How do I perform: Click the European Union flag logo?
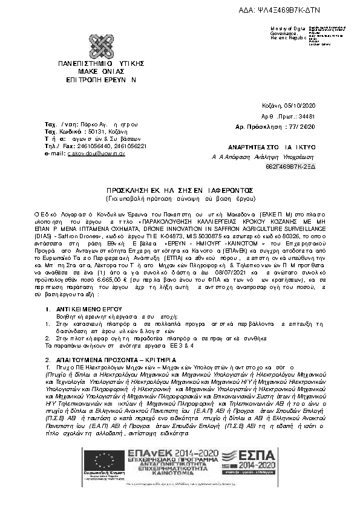click(x=100, y=463)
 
